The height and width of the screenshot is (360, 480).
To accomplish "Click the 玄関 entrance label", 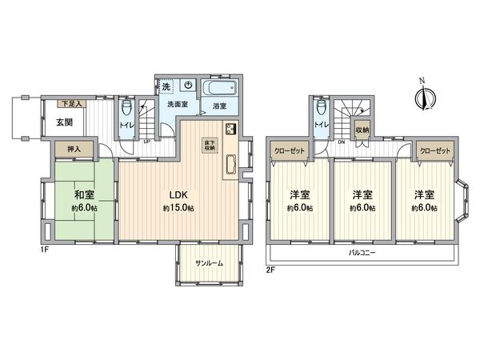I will point(66,122).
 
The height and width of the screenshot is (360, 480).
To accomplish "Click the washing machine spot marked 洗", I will point(166,86).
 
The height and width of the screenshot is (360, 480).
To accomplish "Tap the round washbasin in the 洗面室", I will point(186,85).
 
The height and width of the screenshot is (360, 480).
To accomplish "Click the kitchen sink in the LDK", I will point(230,163).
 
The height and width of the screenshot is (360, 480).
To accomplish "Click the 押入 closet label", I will point(72,150).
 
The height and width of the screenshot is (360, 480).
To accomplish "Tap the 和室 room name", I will point(83,194).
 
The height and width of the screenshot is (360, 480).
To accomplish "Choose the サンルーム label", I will point(209,263).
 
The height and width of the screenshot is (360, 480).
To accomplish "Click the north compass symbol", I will point(424,97).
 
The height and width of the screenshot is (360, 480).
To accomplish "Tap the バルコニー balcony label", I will point(362,254).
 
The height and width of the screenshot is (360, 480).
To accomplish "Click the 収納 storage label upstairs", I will point(362,129).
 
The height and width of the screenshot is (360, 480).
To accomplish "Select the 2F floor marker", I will point(271,269).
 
